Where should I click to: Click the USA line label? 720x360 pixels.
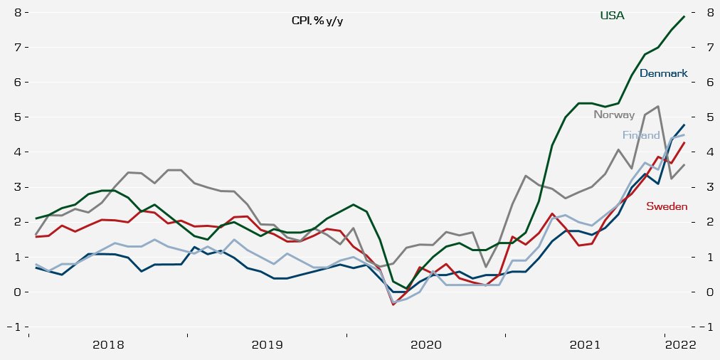pos(612,16)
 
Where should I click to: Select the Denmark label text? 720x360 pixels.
pos(663,73)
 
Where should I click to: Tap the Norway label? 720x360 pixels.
pos(614,115)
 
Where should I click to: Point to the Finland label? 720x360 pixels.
pos(641,135)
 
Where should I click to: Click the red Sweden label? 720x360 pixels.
pos(667,206)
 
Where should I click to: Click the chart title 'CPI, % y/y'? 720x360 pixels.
pos(317,21)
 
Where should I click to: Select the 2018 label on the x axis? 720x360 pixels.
pos(108,345)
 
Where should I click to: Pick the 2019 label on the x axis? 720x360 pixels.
pos(268,345)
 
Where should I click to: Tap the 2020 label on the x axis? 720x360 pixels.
pos(427,345)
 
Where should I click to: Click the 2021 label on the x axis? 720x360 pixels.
pos(586,345)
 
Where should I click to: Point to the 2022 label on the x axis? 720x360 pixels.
pos(679,345)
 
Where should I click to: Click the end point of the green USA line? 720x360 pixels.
pos(684,16)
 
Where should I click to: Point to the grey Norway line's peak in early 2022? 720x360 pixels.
pos(658,106)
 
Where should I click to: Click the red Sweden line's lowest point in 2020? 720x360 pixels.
pos(393,304)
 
